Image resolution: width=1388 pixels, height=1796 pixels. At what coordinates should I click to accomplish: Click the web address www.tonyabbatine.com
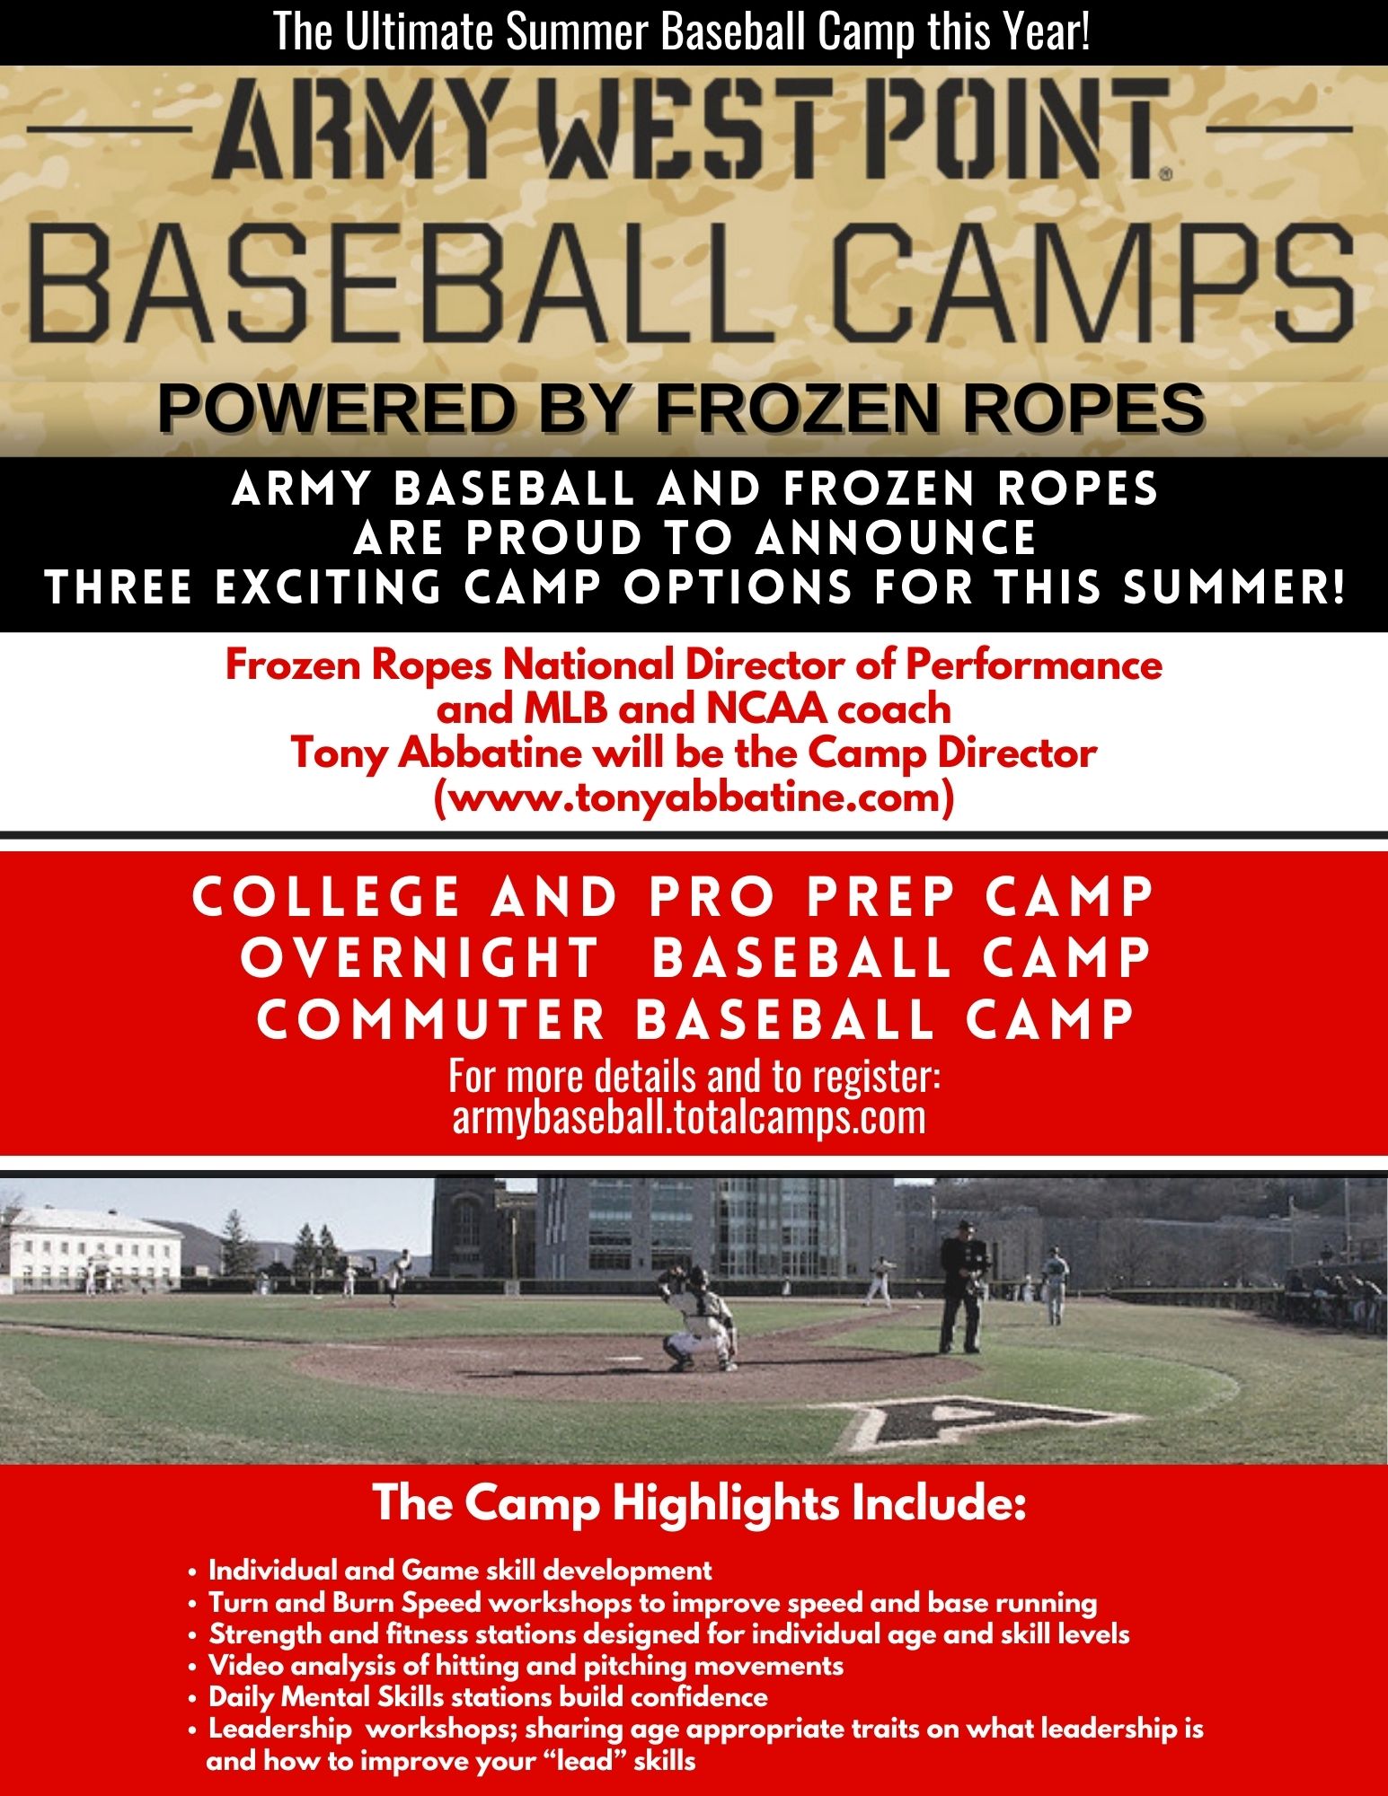(693, 797)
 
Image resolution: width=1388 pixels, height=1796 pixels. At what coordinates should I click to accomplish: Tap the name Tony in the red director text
(340, 753)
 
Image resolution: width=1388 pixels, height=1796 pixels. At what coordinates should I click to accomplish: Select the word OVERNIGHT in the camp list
(420, 957)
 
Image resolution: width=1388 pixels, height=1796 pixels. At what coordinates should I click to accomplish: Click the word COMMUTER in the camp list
(431, 1019)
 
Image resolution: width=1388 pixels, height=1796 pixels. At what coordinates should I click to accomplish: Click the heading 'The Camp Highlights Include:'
(699, 1503)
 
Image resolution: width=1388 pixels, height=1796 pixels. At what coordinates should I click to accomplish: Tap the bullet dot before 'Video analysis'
(192, 1668)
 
